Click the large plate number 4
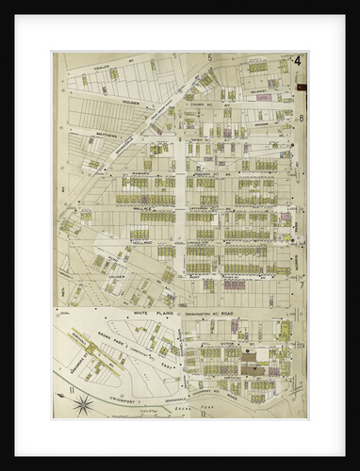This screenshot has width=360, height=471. tap(297, 63)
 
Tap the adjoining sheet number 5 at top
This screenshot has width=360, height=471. tap(207, 58)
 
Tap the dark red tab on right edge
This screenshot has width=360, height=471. tap(303, 88)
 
